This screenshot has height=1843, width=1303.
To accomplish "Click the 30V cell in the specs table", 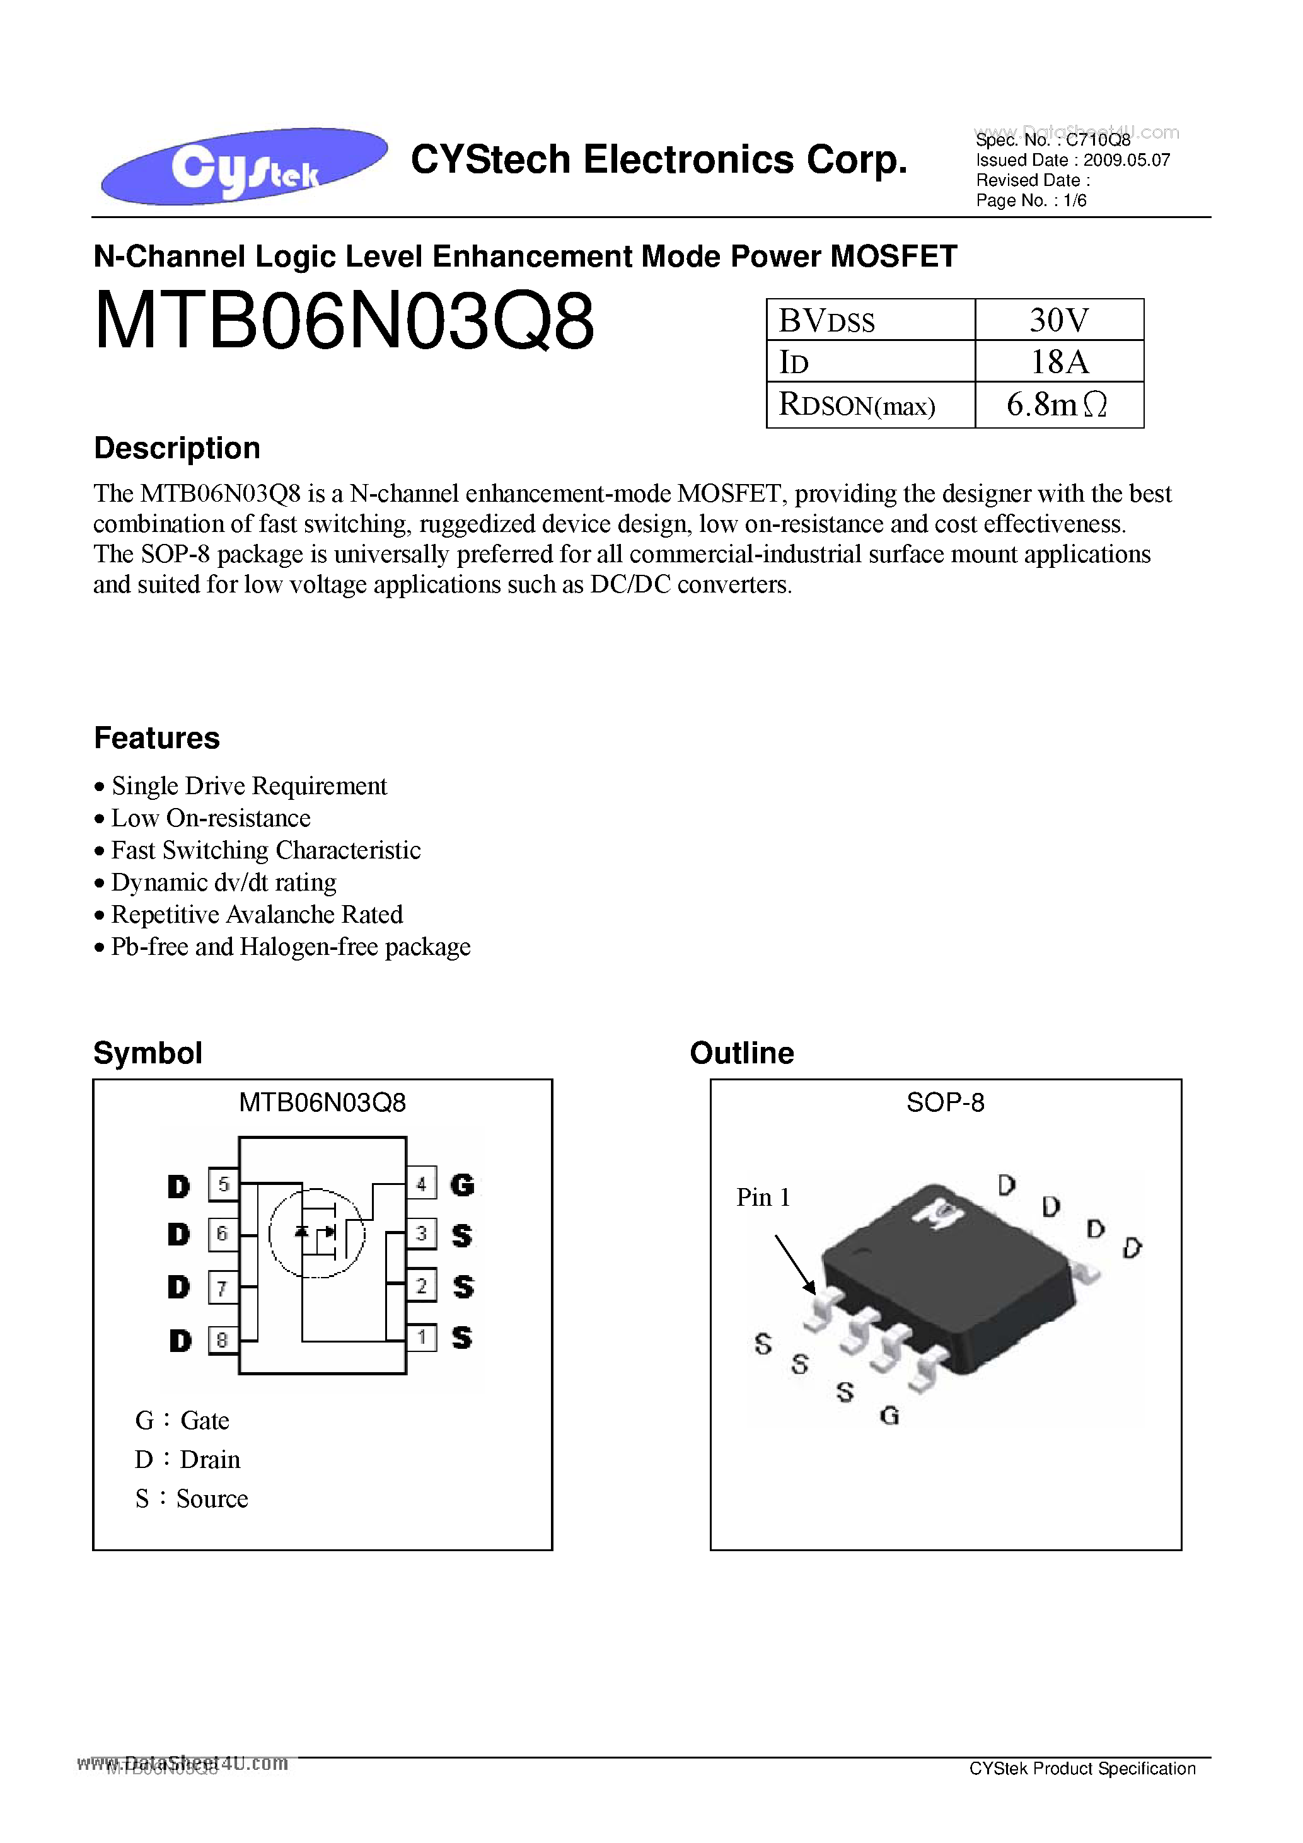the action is (1058, 320).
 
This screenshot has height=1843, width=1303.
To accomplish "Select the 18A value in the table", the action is (1058, 362).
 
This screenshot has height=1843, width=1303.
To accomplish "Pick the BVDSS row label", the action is (827, 321).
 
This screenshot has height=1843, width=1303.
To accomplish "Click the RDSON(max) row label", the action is (857, 405).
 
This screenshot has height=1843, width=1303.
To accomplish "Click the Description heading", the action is (177, 448).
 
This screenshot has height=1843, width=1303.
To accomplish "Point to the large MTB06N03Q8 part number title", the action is (344, 321).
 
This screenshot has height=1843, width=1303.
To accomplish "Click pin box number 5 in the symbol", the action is (223, 1184).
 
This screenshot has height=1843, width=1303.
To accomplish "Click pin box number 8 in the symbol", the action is (223, 1340).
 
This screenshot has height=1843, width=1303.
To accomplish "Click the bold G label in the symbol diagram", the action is (463, 1185).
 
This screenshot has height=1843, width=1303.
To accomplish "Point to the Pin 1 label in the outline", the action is (763, 1198).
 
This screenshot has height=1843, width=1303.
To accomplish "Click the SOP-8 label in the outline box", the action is (945, 1103).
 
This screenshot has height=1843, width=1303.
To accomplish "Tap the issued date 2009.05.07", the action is (1126, 159).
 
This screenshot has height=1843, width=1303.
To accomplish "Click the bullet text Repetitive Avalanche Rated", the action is (257, 915).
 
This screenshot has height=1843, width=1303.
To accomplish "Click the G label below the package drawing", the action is (889, 1415).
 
